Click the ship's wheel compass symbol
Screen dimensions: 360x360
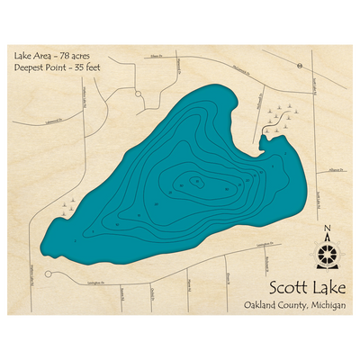327,253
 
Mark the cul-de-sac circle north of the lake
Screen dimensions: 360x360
138,93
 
